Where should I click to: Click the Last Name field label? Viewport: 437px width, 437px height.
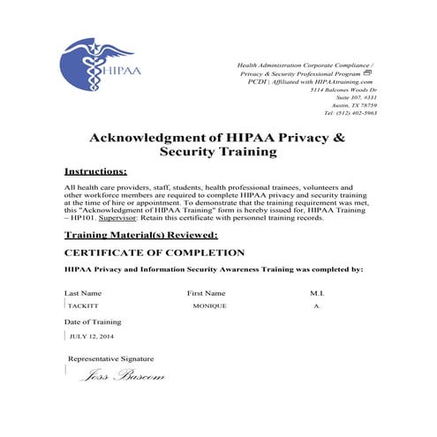(83, 292)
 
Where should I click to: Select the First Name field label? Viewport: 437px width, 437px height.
(207, 292)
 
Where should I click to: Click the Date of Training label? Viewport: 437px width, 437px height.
(93, 323)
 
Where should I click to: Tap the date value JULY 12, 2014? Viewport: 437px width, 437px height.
(92, 336)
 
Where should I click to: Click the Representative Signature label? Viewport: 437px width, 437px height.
(110, 358)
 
